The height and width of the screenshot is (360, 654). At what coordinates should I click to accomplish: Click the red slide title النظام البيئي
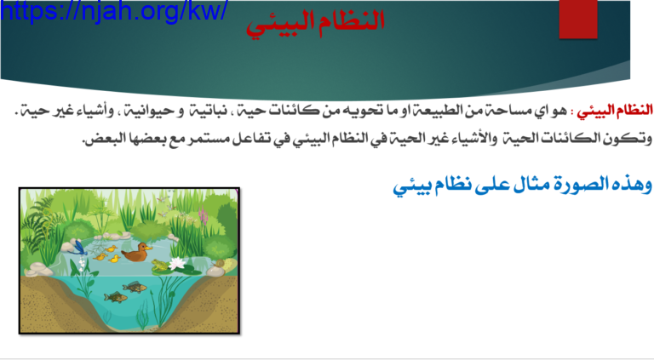click(x=315, y=22)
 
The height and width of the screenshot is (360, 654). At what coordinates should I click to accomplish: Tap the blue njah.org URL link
click(x=114, y=10)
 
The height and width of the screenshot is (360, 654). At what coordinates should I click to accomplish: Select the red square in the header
click(x=578, y=20)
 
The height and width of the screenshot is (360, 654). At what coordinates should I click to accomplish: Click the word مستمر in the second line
click(x=205, y=138)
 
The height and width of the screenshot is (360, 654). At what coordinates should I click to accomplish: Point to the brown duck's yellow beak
click(x=149, y=249)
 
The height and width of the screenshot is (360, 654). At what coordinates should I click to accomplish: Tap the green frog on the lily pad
click(x=159, y=265)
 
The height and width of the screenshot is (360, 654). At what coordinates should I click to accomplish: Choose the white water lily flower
click(x=178, y=263)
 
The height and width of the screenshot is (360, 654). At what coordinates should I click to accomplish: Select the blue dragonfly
click(x=79, y=248)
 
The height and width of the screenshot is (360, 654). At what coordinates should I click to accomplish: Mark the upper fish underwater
click(x=135, y=287)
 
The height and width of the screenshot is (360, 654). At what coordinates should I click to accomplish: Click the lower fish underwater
click(x=116, y=297)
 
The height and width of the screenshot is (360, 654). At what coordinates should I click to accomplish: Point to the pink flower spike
click(x=204, y=217)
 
